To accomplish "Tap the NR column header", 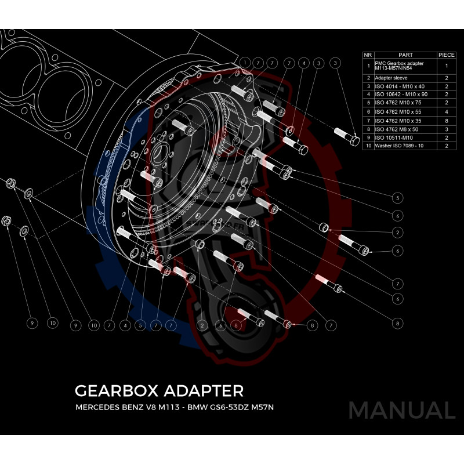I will (x=367, y=54).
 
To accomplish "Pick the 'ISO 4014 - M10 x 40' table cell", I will (x=400, y=86).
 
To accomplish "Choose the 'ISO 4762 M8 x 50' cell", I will (x=399, y=129).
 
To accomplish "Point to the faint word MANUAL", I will (x=401, y=410).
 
